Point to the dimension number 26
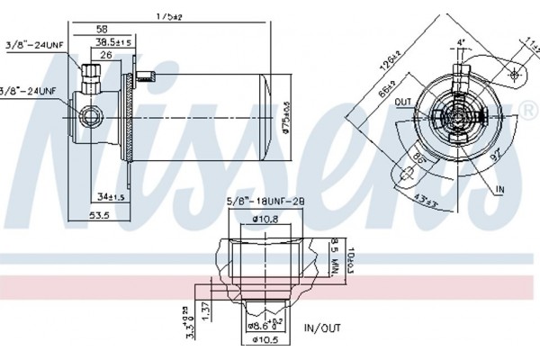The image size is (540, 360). pyautogui.click(x=106, y=55)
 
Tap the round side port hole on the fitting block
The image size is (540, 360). pyautogui.click(x=88, y=115)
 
